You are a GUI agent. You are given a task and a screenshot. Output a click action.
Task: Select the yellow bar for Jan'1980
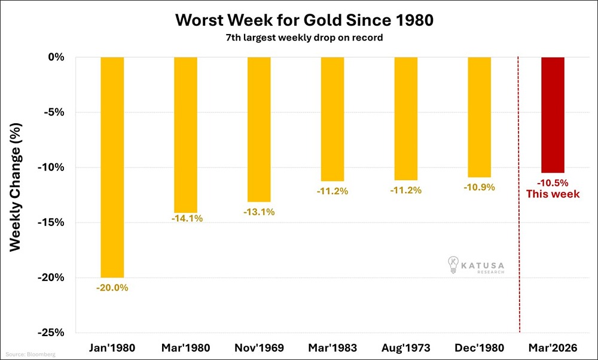pos(112,167)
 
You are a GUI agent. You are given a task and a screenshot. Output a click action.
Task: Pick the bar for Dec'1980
pos(479,117)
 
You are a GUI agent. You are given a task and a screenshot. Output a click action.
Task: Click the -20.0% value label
pos(112,287)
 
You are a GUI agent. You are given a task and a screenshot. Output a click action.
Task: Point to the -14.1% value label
pos(187,218)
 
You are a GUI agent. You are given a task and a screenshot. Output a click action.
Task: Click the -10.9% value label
pos(479,187)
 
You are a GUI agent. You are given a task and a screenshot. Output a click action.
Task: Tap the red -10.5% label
pos(553,183)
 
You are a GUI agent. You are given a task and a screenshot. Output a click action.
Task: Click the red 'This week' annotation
pos(553,194)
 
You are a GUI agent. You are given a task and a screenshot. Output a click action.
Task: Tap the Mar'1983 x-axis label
pos(332,347)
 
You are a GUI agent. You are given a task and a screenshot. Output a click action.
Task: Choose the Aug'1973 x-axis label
pos(405,347)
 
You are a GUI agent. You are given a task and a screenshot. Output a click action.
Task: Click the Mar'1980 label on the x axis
pos(186,347)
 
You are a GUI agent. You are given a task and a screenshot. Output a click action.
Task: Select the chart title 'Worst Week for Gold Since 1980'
pos(304,20)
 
